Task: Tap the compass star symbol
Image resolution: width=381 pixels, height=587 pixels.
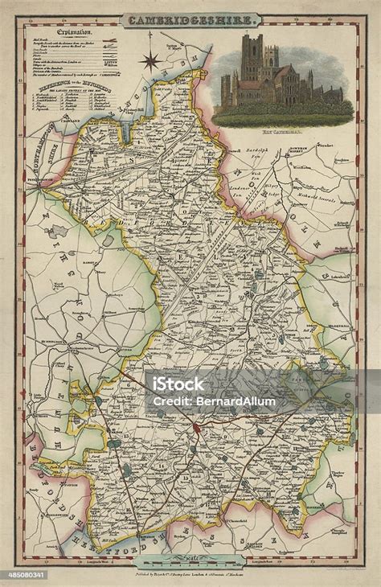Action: [150, 60]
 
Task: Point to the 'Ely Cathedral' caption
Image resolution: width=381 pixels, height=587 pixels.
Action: [281, 130]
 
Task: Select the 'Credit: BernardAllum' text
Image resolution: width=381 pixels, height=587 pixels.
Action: [214, 400]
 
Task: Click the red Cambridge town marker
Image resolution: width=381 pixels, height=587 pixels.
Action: [199, 419]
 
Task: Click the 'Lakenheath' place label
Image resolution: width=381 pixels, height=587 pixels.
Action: [339, 274]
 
